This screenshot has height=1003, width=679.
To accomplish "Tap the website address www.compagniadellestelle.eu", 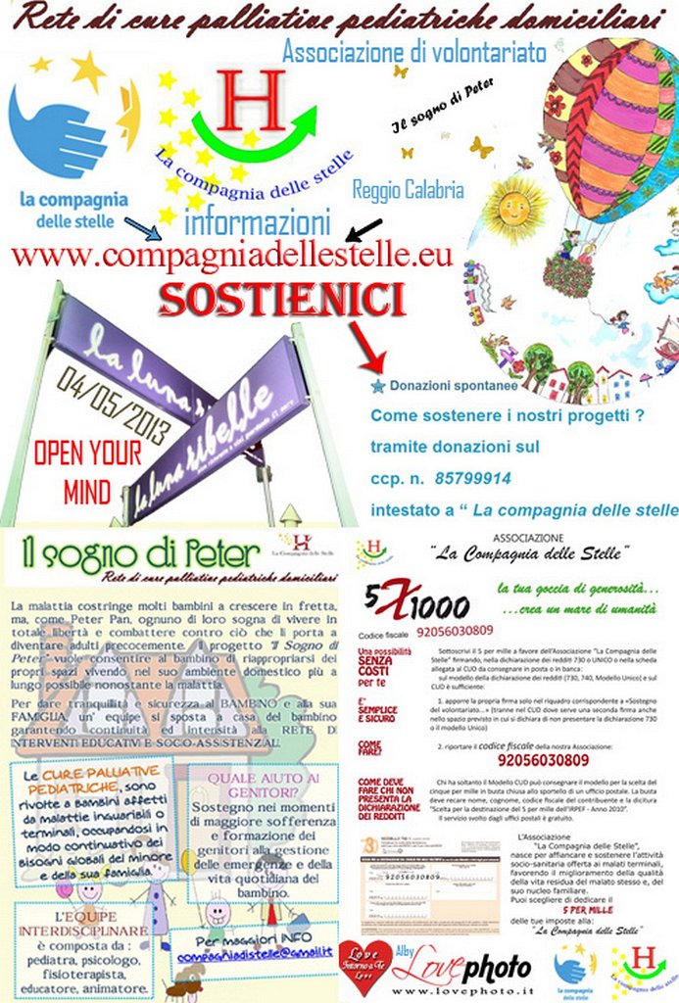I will coord(231,257).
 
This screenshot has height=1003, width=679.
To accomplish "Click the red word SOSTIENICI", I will coord(282,300).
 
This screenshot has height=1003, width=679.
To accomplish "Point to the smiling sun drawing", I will coord(513,209).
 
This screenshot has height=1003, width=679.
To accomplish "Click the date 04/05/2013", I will coord(114,405).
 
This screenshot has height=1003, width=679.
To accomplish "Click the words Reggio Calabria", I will coord(408,189).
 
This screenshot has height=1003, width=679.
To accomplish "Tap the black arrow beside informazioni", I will coord(364,230).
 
